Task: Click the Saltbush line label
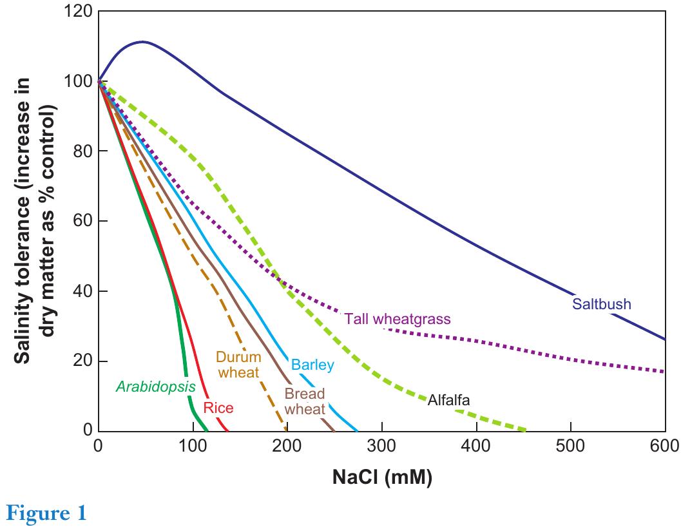click(x=601, y=304)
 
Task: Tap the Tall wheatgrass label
click(x=397, y=319)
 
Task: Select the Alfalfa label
click(x=448, y=401)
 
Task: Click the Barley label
click(x=312, y=365)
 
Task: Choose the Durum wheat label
click(x=237, y=364)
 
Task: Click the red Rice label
click(x=218, y=408)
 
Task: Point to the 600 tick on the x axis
click(x=664, y=445)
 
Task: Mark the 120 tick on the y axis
click(x=79, y=12)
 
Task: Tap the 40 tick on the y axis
click(x=82, y=291)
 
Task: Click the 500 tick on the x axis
click(x=570, y=445)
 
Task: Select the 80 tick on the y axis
click(x=82, y=151)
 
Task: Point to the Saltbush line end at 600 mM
click(x=664, y=339)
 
